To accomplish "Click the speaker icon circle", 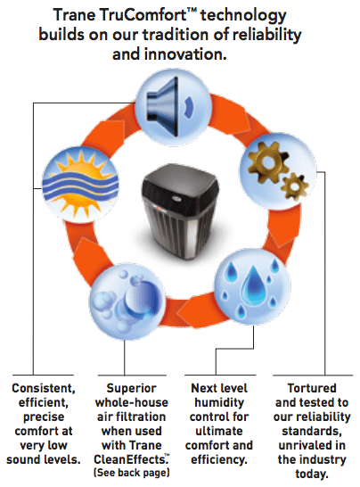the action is point(173,107).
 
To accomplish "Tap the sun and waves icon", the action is point(80,185).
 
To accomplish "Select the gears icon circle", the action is point(278,171).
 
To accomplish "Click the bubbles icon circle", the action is point(127,301).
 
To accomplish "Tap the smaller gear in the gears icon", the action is point(293,186).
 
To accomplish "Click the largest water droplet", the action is point(254,285).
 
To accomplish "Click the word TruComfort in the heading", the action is point(147,14).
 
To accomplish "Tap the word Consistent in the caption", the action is point(44,388).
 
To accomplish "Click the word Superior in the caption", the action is point(131,388).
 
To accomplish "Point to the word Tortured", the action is point(312,388).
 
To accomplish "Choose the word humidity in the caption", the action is point(219,402).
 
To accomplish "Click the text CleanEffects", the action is point(130,459).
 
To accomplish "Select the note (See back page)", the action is point(132,473).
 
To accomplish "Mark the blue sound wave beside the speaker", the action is point(189,107).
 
